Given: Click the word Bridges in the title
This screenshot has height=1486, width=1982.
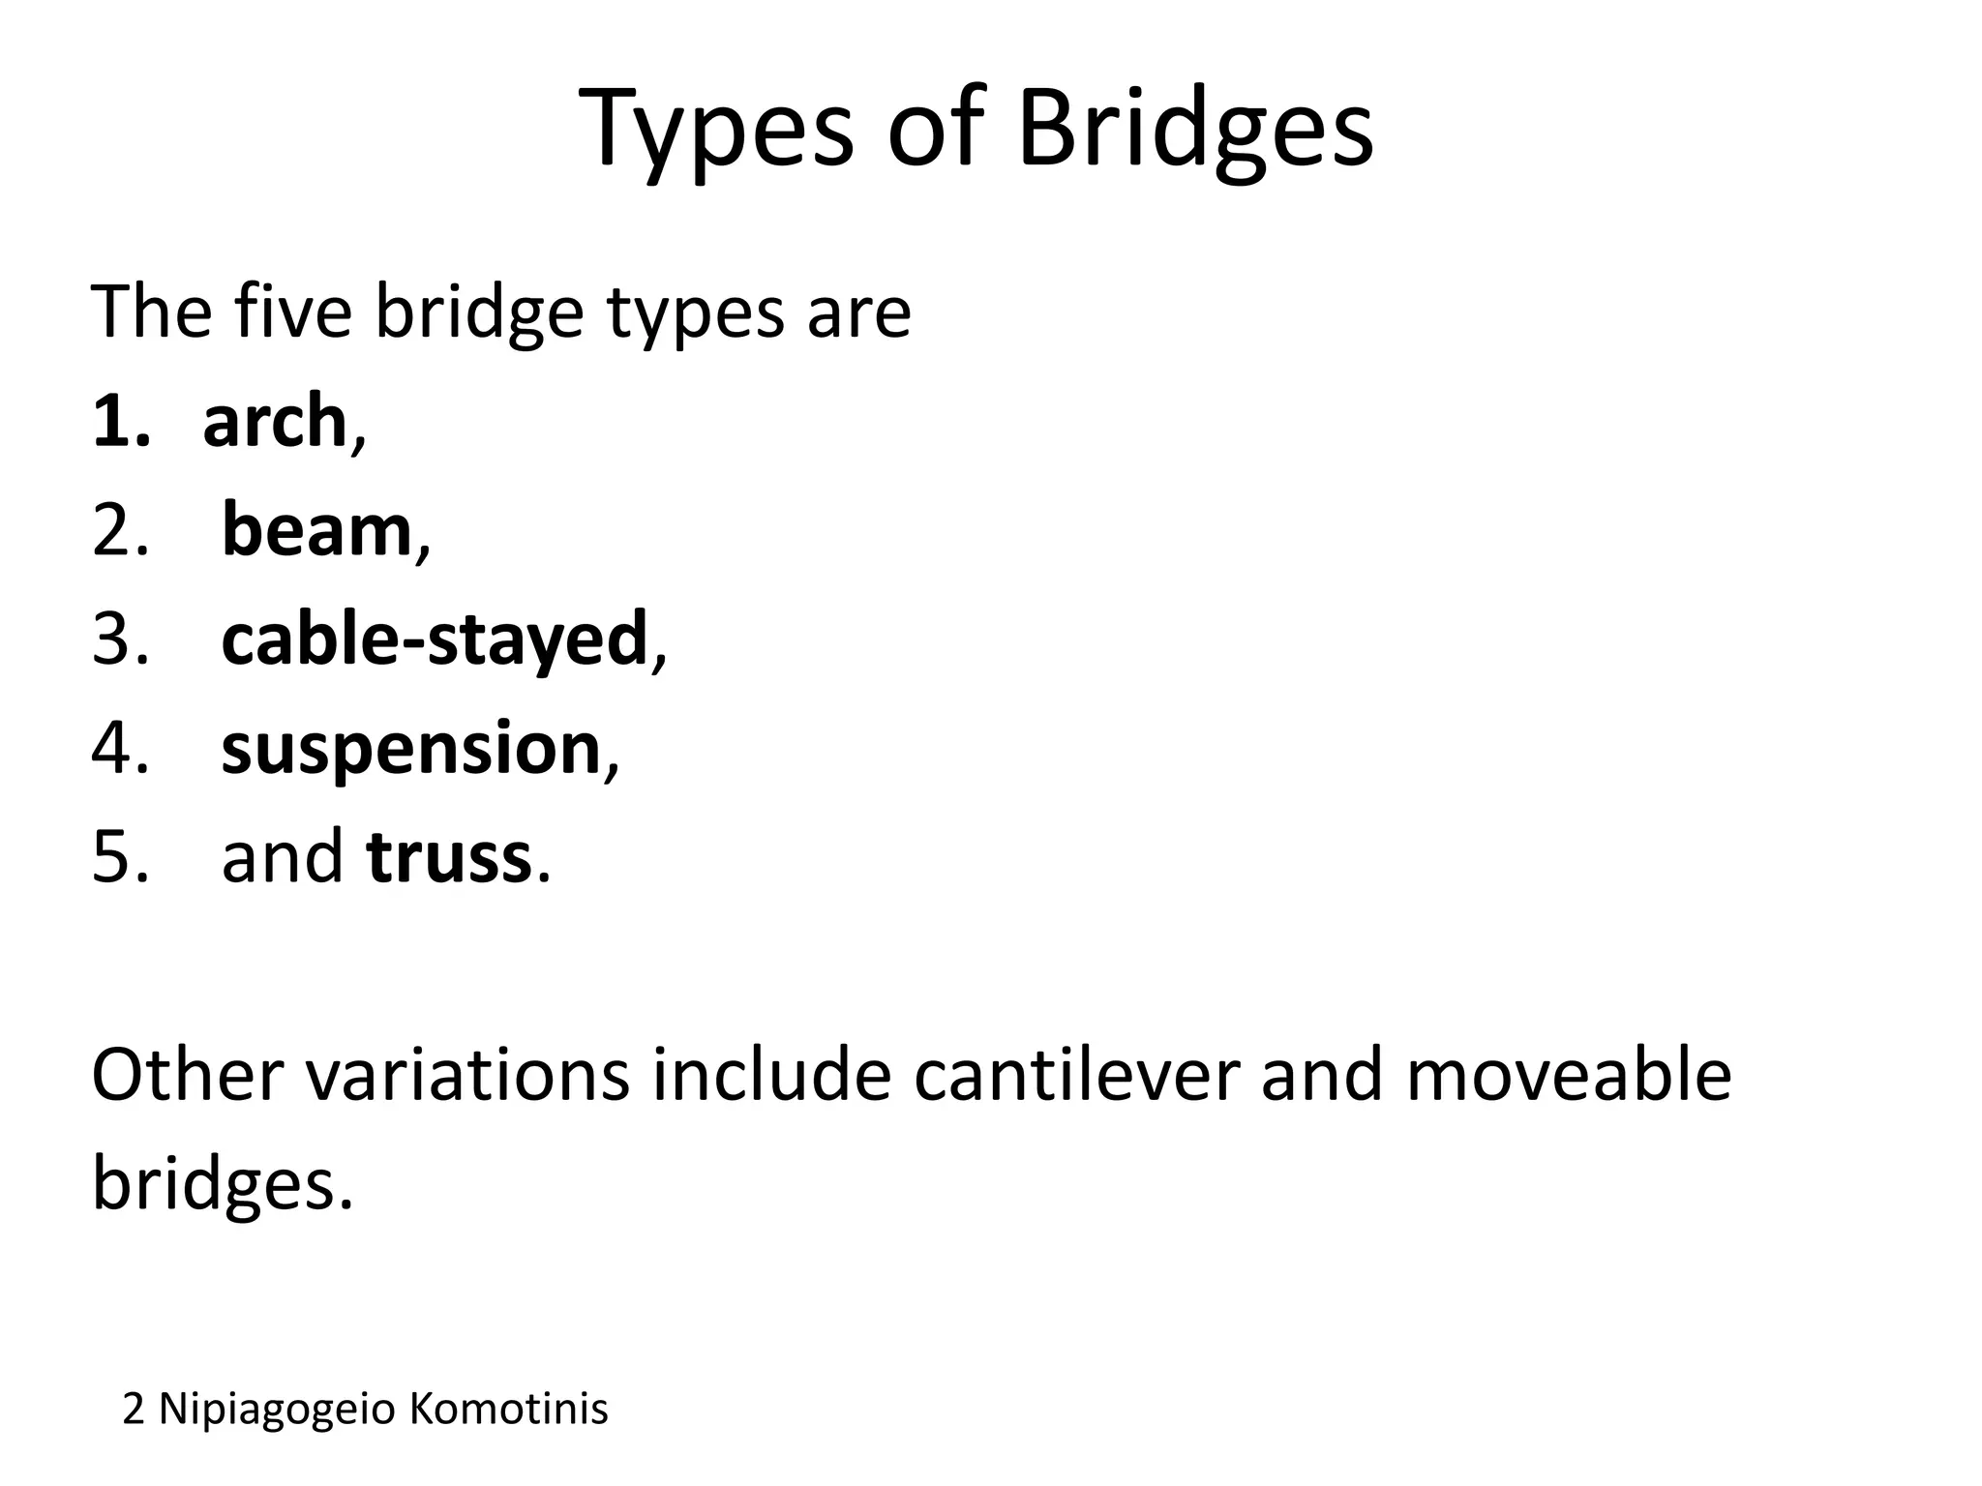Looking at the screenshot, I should [1194, 131].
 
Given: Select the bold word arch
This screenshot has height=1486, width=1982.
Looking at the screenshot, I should [275, 422].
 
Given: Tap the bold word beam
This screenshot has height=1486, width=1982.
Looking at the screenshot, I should [316, 531].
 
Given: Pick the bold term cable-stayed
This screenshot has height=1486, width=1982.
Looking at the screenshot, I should [434, 639].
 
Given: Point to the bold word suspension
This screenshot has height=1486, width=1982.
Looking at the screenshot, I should [411, 749].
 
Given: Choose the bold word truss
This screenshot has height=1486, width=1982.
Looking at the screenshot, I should [450, 857].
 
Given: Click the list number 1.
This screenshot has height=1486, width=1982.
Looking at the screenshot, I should [121, 423].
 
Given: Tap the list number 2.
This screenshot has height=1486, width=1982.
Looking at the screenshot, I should [120, 532].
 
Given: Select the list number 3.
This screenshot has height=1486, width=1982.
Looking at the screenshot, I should [120, 640].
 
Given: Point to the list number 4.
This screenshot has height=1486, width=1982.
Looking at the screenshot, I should [120, 750].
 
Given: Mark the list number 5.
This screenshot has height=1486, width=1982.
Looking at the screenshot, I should [120, 858].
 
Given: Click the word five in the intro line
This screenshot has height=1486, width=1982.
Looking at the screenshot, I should [292, 312].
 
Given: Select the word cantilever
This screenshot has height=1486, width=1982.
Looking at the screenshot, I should [1076, 1075].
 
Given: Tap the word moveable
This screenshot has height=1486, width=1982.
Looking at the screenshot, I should [1568, 1075].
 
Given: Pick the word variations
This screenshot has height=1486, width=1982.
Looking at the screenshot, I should [468, 1075].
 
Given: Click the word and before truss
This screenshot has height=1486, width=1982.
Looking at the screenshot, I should [282, 857].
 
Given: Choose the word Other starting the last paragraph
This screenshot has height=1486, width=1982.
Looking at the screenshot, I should [188, 1075].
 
